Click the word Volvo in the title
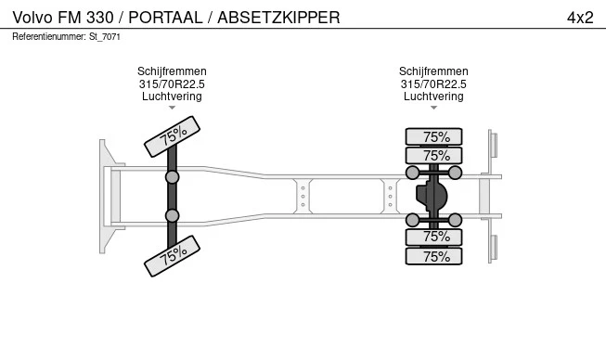[32, 18]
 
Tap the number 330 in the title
[99, 18]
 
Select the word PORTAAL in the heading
[165, 18]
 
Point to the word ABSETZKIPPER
[278, 18]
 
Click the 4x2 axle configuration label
[580, 18]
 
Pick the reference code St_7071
[105, 37]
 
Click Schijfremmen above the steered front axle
[172, 71]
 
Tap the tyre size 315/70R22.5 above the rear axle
[433, 84]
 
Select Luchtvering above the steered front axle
[172, 96]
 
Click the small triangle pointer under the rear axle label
[433, 108]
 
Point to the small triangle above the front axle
[172, 108]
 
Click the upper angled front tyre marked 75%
[172, 136]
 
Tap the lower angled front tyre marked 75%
[172, 256]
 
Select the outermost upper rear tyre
[433, 137]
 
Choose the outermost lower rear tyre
[433, 256]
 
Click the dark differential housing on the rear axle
[432, 196]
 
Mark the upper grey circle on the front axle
[172, 177]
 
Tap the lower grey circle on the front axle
[172, 215]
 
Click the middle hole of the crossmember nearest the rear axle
[391, 197]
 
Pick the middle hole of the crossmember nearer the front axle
[303, 197]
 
